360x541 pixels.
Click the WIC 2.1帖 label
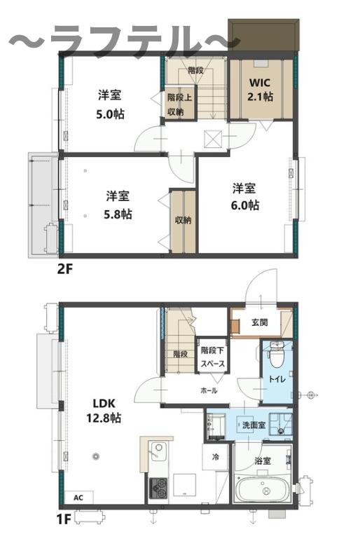(x=261, y=90)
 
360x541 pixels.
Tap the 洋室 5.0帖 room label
(x=110, y=104)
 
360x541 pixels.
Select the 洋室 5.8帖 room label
(x=118, y=205)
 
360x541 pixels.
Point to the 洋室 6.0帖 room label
(x=244, y=197)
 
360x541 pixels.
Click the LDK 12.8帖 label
(x=104, y=411)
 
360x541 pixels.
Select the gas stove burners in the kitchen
(x=158, y=488)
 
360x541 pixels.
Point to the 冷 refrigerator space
(x=215, y=457)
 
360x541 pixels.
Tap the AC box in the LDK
(x=78, y=497)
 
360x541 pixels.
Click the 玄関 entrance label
(x=260, y=322)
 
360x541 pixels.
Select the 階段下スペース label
(x=212, y=357)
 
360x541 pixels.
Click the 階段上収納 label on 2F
(x=180, y=104)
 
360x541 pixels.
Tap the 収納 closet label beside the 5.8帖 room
(x=183, y=220)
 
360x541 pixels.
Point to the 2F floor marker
(x=65, y=268)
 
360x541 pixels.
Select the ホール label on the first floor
(x=209, y=390)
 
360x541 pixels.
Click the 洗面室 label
(x=254, y=425)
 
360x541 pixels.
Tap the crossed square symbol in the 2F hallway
(x=212, y=139)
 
